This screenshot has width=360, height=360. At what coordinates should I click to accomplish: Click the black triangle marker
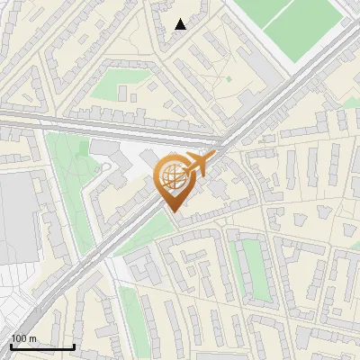(181, 24)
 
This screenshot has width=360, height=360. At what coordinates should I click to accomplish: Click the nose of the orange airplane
(214, 156)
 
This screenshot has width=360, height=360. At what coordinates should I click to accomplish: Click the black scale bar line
(42, 346)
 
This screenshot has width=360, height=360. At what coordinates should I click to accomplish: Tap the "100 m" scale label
(23, 338)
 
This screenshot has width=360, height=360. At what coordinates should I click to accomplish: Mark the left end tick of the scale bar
(11, 345)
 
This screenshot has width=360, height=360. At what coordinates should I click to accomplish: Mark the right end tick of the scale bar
(74, 345)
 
